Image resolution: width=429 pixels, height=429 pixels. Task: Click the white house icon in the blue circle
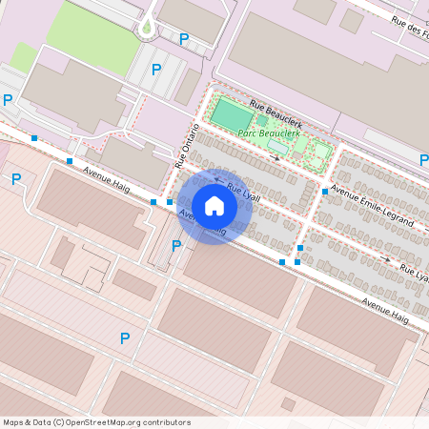[214, 205]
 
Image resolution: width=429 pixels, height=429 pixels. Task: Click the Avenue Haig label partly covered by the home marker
[202, 225]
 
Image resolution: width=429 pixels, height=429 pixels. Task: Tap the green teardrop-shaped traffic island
[146, 29]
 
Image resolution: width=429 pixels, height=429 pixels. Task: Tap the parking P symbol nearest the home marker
[175, 246]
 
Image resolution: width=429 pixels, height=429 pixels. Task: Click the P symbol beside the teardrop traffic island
[184, 39]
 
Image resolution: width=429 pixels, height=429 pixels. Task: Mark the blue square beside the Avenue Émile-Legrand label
[325, 192]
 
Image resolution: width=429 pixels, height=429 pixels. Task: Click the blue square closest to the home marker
[169, 202]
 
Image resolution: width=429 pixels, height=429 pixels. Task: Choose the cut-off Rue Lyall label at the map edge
[414, 274]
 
